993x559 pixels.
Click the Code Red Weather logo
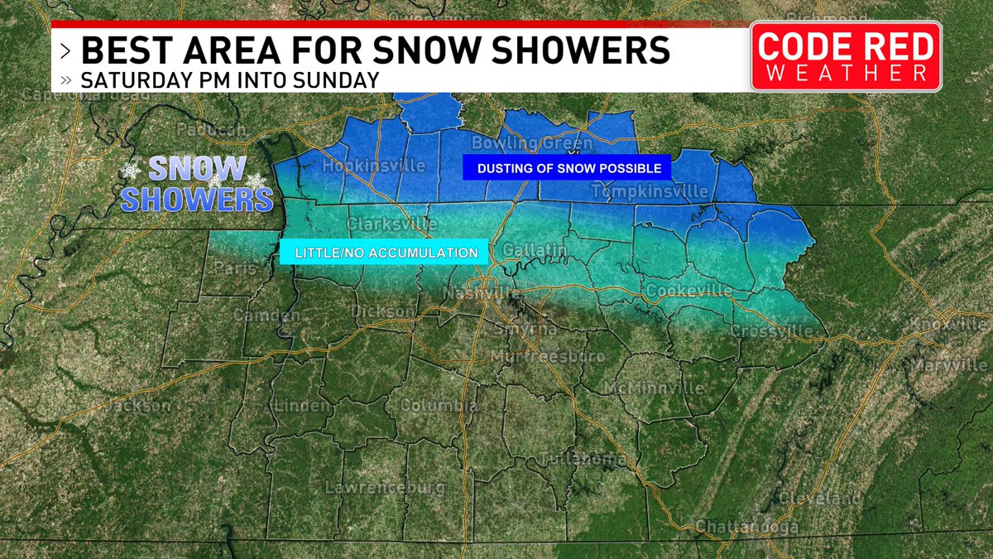tap(846, 56)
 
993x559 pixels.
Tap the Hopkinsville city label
tap(373, 166)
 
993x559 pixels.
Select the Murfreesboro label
tap(548, 356)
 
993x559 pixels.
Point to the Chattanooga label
tap(747, 527)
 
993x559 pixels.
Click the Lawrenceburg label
tap(385, 487)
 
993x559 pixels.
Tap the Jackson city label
tap(137, 406)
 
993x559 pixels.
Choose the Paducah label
tap(211, 131)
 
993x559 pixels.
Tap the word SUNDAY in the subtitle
tap(337, 80)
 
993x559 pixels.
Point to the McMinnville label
tap(653, 388)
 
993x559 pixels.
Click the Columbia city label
tap(438, 406)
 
